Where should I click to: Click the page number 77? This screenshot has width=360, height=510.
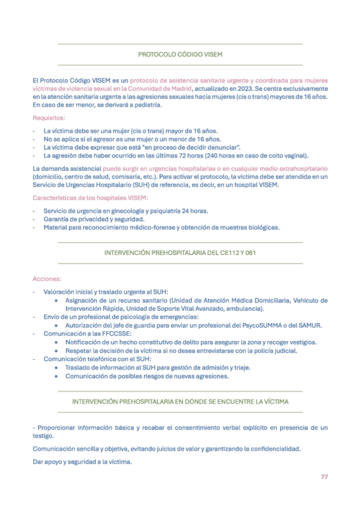click(324, 477)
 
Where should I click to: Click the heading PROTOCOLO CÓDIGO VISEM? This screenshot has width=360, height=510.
click(180, 54)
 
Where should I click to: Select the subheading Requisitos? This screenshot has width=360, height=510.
click(49, 118)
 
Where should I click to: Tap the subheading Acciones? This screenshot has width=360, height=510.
click(46, 278)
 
